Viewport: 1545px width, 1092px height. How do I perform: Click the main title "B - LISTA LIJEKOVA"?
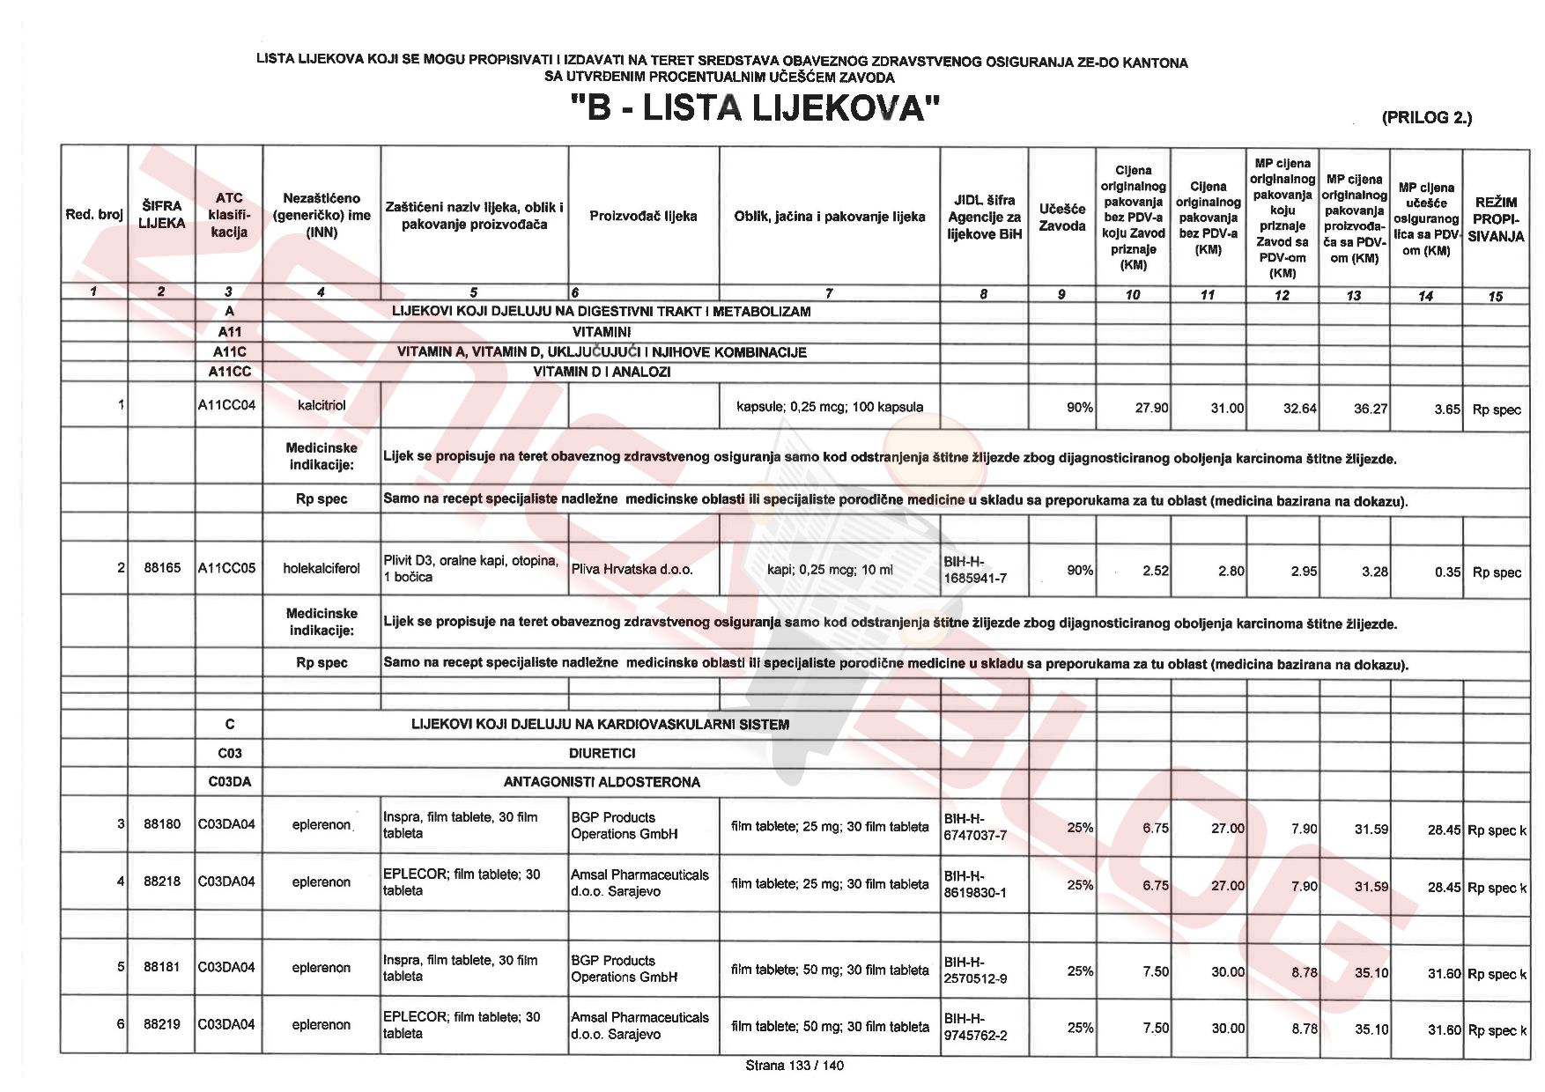(x=756, y=109)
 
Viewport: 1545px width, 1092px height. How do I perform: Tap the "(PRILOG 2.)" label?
(x=1426, y=117)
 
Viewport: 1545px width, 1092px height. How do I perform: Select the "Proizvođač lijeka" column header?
(x=643, y=216)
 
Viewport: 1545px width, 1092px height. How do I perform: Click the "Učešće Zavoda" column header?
(x=1061, y=217)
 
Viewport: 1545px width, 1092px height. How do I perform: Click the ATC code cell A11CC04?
(x=227, y=407)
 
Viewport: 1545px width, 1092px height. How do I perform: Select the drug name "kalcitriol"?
(x=322, y=407)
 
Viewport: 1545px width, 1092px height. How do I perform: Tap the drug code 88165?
(x=162, y=568)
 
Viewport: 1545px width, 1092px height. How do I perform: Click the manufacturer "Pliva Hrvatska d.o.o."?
(x=632, y=570)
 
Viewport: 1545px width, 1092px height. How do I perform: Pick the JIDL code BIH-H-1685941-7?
(x=974, y=570)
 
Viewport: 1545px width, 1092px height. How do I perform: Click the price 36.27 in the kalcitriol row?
(x=1371, y=409)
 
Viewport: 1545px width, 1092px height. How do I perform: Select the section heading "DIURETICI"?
(x=602, y=754)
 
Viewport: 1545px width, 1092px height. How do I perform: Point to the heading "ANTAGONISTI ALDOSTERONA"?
(x=602, y=782)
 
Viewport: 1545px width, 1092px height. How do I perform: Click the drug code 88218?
(x=162, y=882)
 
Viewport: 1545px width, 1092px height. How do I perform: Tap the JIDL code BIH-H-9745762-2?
(x=975, y=1027)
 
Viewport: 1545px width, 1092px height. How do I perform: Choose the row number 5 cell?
(x=121, y=967)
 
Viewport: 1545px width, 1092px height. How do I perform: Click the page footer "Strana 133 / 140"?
(x=794, y=1066)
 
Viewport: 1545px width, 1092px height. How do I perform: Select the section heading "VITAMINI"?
(x=602, y=332)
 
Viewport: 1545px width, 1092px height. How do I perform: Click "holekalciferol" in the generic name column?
(x=322, y=569)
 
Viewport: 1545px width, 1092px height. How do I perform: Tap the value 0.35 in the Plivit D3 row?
(x=1447, y=572)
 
